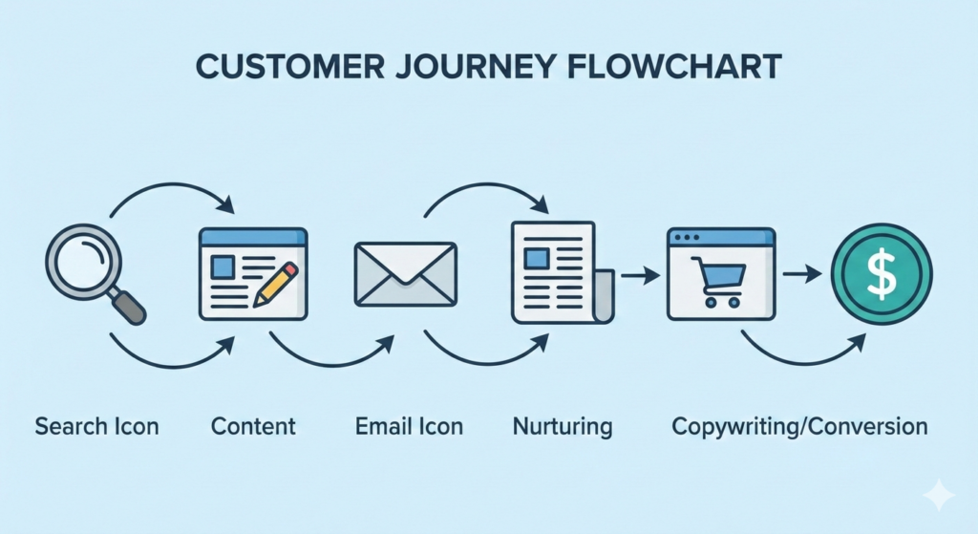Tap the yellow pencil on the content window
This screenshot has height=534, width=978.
[x=277, y=281]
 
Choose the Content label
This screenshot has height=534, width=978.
[x=253, y=426]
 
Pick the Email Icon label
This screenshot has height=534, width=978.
[x=409, y=426]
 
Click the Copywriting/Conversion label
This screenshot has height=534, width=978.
[x=799, y=426]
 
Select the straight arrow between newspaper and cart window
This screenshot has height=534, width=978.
[x=640, y=275]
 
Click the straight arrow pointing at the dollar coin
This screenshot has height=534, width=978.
[x=802, y=273]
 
